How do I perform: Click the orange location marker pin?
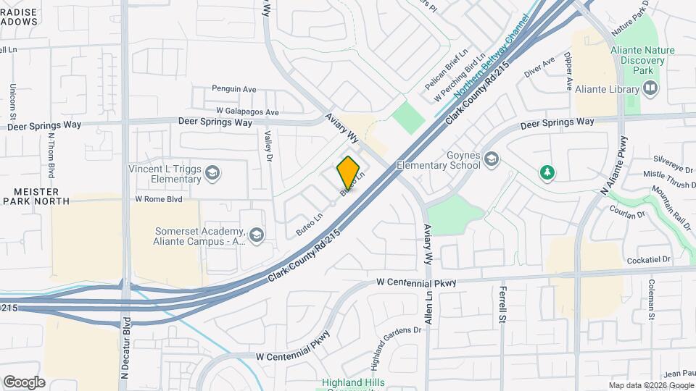(349, 172)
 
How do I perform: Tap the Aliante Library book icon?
(650, 89)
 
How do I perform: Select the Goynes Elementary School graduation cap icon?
(492, 159)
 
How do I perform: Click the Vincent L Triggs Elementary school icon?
(212, 173)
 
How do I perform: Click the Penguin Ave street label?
(234, 89)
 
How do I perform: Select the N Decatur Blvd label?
(126, 348)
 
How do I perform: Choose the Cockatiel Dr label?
(650, 258)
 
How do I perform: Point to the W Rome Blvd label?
(158, 198)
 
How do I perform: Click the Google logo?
(24, 382)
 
